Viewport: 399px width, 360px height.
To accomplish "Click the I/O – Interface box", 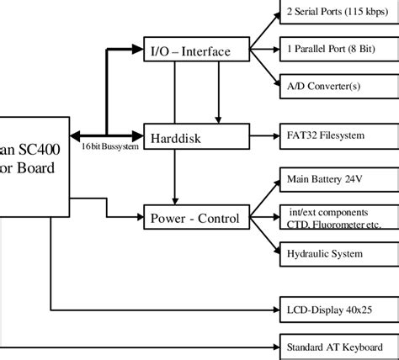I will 197,51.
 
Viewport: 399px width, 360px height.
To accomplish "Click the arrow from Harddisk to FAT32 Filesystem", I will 264,135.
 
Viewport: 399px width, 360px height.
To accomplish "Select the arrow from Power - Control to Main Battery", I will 264,199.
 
